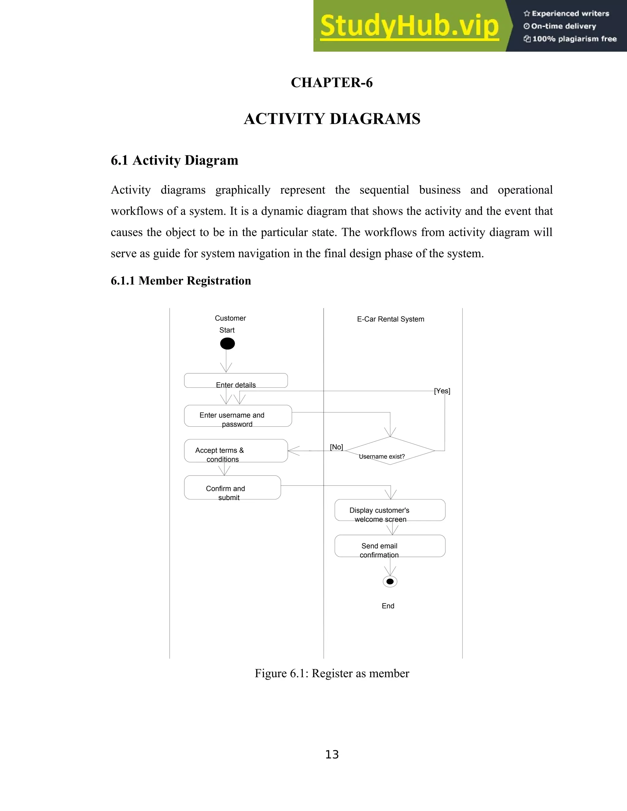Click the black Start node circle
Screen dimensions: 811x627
(x=227, y=343)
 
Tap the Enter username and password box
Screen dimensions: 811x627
(x=238, y=416)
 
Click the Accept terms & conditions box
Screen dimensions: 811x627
(x=236, y=451)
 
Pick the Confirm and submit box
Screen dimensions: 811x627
(x=232, y=488)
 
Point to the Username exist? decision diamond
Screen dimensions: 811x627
(x=390, y=451)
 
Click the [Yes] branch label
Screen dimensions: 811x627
(x=442, y=391)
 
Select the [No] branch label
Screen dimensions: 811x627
(x=336, y=447)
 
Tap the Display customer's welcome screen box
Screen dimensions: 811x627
(x=390, y=510)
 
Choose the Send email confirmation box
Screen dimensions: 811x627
(x=390, y=546)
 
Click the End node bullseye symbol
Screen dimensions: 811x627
(x=390, y=581)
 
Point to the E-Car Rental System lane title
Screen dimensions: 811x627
(x=390, y=319)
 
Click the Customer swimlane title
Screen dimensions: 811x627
(x=230, y=318)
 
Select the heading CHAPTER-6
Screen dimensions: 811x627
(x=332, y=82)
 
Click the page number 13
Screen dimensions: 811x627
(x=332, y=755)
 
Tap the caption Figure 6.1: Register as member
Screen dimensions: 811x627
(x=332, y=673)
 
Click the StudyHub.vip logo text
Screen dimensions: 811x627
(x=409, y=26)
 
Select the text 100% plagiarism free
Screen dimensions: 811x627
(x=574, y=39)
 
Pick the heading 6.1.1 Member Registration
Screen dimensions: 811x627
(x=181, y=281)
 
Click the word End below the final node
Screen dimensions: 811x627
(x=388, y=606)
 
